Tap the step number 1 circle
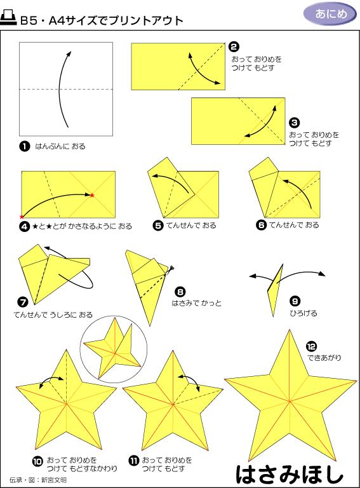[25, 146]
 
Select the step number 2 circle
[234, 46]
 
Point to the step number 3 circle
[294, 123]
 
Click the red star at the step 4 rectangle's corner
[22, 216]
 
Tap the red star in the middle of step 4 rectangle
[92, 195]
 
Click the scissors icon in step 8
[171, 269]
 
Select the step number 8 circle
[180, 292]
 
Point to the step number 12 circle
[311, 346]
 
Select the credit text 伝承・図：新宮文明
[38, 480]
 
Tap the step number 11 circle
[133, 461]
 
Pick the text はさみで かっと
[197, 303]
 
